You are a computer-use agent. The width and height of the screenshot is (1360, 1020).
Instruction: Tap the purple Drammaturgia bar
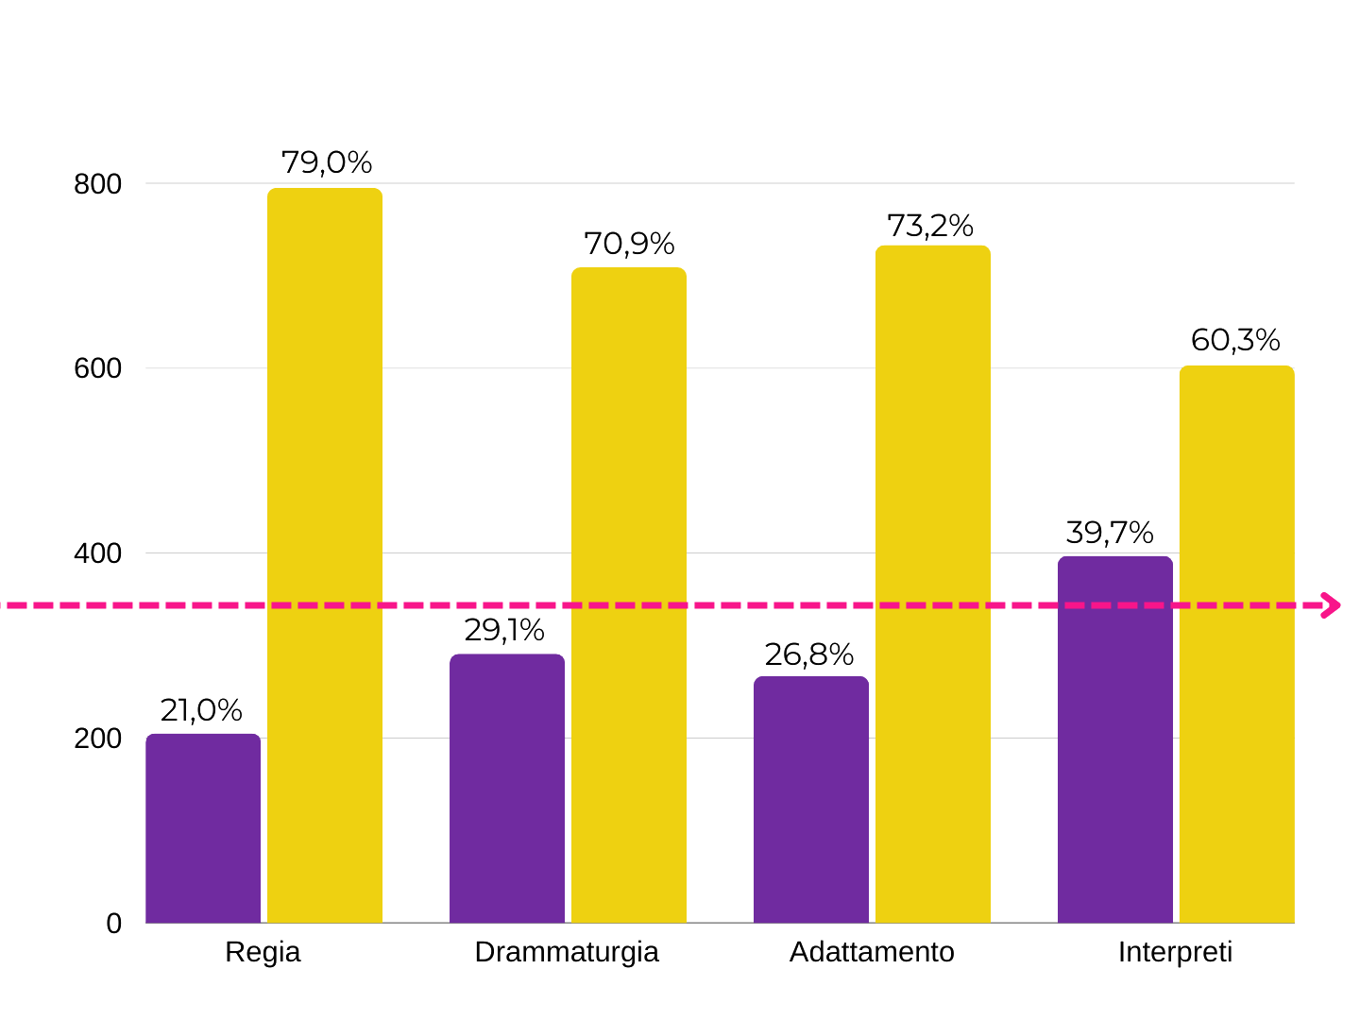[507, 788]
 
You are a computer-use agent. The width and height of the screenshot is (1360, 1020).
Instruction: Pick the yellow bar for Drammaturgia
[629, 595]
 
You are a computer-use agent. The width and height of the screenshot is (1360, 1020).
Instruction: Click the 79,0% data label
[327, 162]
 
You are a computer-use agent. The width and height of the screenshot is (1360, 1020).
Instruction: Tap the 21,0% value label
[201, 710]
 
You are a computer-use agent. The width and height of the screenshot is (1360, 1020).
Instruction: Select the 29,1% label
[504, 630]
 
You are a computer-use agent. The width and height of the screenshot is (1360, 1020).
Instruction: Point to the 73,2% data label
[930, 226]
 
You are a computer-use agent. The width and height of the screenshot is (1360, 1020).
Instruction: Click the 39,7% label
[1110, 533]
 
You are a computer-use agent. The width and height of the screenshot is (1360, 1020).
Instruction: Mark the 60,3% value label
[1235, 340]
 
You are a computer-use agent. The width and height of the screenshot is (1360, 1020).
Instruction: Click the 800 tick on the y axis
[98, 184]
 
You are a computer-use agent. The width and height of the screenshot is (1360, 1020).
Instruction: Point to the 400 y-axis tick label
[98, 553]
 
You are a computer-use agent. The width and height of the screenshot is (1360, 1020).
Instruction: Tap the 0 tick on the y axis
[114, 924]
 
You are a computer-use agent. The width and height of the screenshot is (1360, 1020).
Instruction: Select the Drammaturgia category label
[567, 952]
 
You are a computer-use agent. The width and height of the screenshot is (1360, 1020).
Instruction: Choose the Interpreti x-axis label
[1175, 952]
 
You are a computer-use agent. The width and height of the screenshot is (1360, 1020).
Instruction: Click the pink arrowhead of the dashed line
[1332, 605]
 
